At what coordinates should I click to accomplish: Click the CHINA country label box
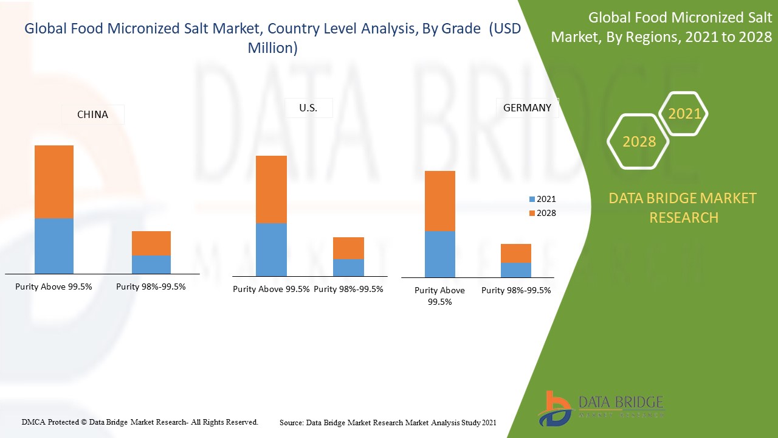[92, 114]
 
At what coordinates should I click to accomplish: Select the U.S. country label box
[309, 108]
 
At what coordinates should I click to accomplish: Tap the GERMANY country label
[527, 108]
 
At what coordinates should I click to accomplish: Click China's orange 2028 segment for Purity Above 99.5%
[54, 182]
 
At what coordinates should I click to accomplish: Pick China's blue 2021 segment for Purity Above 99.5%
[54, 246]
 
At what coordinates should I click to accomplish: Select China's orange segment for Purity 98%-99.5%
[151, 243]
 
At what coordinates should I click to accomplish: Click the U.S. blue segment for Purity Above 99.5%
[271, 250]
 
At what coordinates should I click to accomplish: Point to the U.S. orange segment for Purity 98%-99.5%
[348, 248]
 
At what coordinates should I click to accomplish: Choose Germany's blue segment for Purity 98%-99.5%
[516, 270]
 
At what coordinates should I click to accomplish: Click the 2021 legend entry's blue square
[532, 200]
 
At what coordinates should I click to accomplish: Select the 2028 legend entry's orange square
[532, 214]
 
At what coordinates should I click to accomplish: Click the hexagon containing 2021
[684, 114]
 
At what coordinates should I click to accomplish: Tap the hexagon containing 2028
[639, 142]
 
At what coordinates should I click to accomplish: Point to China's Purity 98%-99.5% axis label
[151, 287]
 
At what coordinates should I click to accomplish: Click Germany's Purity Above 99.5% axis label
[439, 296]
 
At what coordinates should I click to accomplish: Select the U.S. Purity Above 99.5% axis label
[271, 289]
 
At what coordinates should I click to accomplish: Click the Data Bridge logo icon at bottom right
[554, 408]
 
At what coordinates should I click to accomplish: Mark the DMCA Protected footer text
[140, 422]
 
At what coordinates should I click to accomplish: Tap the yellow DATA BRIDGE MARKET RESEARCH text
[683, 207]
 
